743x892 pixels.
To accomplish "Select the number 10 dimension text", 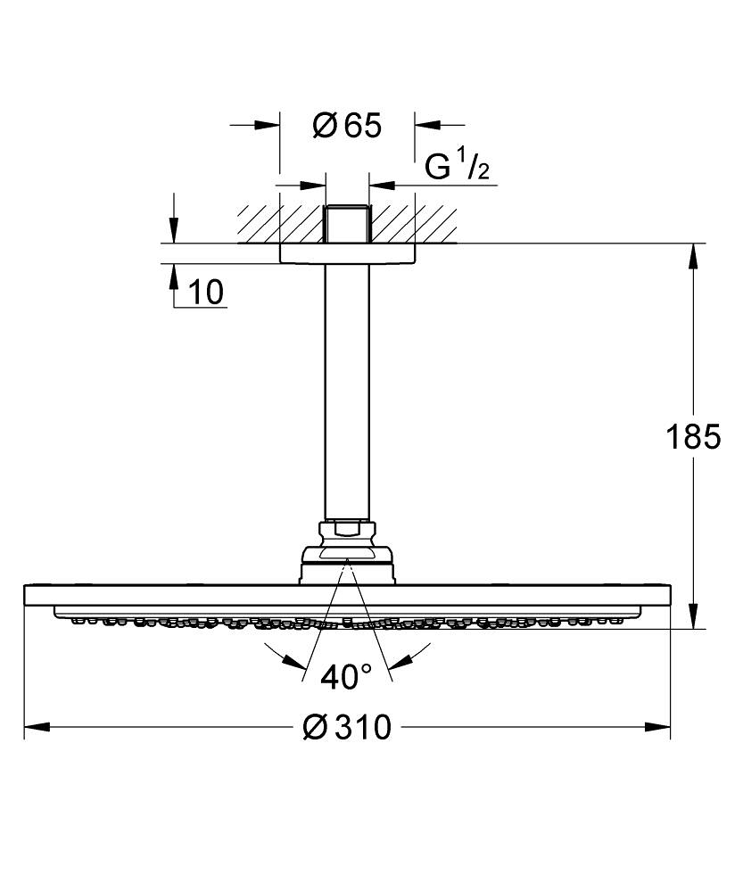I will tap(207, 291).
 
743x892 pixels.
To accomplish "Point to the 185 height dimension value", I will tap(693, 437).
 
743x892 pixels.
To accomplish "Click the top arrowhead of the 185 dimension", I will tap(693, 255).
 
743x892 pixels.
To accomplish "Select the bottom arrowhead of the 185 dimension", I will tap(693, 617).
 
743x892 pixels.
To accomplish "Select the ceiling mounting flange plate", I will tap(347, 253).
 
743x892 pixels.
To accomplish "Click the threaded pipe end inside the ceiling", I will tap(347, 225).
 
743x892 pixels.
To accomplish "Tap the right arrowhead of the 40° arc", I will tap(401, 661).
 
